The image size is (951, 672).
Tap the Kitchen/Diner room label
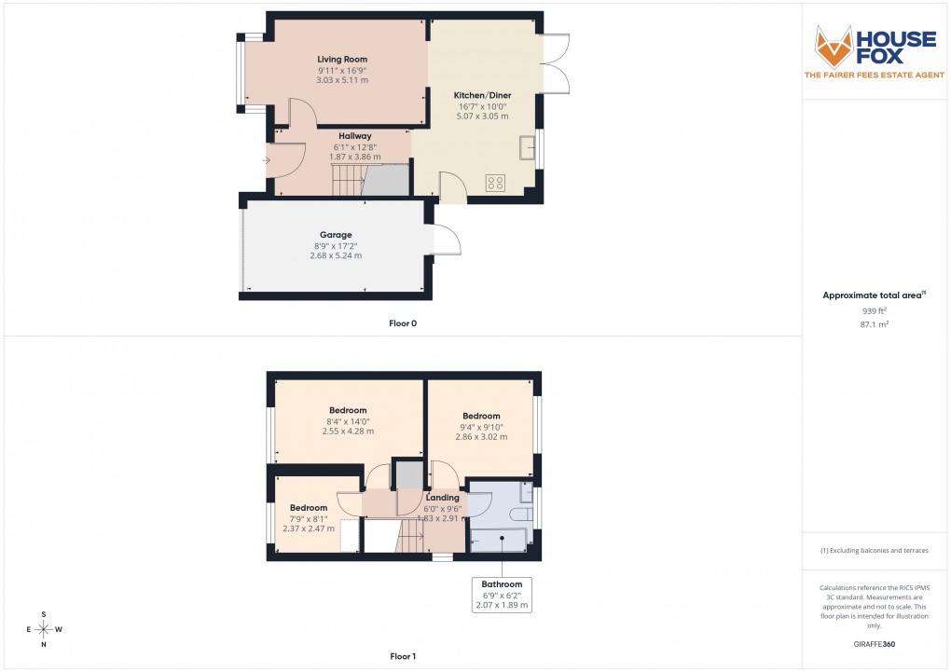coord(482,96)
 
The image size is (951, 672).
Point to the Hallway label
coord(354,136)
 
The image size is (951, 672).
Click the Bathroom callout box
coord(502,595)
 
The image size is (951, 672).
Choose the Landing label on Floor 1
coord(443,498)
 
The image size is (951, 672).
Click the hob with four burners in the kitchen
coord(495,182)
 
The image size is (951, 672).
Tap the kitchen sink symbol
coord(528,148)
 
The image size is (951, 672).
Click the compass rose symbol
coord(44,629)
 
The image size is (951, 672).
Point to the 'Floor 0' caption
coord(403,323)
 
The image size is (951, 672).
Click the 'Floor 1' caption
coord(403,657)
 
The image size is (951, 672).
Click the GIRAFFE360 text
coord(875,644)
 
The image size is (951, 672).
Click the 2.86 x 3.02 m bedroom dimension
coord(481,436)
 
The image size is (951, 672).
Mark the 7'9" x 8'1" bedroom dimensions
coord(308,518)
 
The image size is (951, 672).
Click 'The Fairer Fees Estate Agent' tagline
coord(875,74)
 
